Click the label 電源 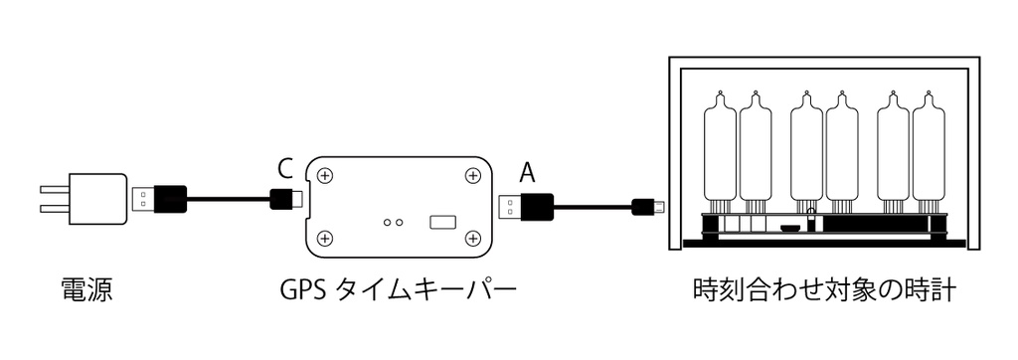pyautogui.click(x=86, y=291)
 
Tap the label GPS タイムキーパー pyautogui.click(x=398, y=291)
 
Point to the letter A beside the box pyautogui.click(x=528, y=172)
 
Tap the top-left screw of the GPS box pyautogui.click(x=325, y=175)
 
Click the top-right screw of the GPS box pyautogui.click(x=472, y=175)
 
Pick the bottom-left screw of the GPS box pyautogui.click(x=325, y=239)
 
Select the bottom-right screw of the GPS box pyautogui.click(x=472, y=239)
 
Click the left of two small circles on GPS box pyautogui.click(x=387, y=224)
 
